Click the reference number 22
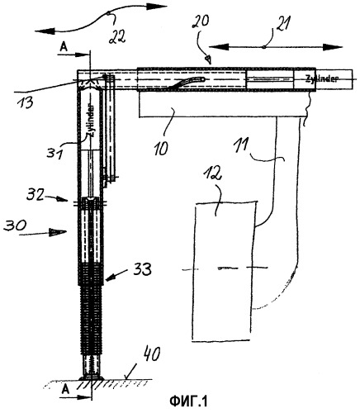(x=117, y=36)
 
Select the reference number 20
(x=200, y=21)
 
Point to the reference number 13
(x=25, y=103)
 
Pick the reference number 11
(x=241, y=146)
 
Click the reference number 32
(x=36, y=195)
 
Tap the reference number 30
(x=15, y=225)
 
